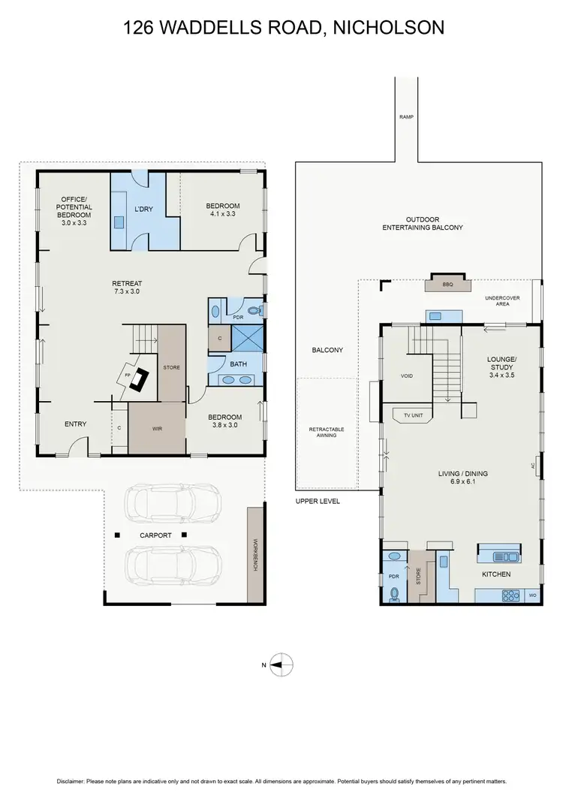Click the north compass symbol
(x=281, y=664)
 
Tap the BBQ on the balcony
(x=447, y=285)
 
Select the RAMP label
(x=406, y=117)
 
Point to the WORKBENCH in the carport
(x=254, y=554)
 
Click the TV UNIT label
(x=413, y=415)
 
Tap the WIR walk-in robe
(x=156, y=428)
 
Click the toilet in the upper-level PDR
(x=395, y=593)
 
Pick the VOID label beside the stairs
(x=407, y=375)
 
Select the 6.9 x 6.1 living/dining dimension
(x=463, y=481)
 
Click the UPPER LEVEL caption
(x=318, y=501)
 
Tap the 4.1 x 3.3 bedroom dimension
(x=223, y=214)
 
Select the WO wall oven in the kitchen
(x=532, y=595)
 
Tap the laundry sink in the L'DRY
(x=119, y=222)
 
